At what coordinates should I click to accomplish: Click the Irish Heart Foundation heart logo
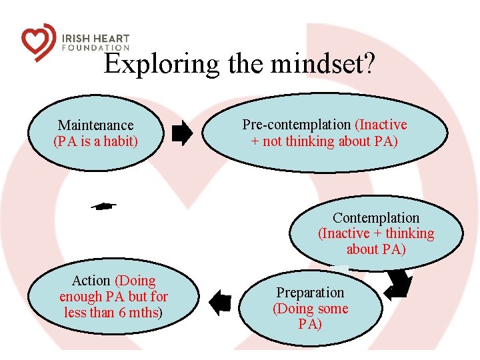[37, 41]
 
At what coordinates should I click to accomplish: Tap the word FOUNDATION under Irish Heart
[96, 48]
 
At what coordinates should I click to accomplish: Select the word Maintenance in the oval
[95, 125]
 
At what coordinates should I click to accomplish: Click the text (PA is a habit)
[95, 141]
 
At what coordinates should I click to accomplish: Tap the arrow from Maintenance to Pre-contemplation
[182, 134]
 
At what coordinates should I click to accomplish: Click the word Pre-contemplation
[296, 125]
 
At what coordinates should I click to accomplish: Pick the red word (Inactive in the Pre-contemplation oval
[381, 125]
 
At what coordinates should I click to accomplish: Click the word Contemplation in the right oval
[376, 218]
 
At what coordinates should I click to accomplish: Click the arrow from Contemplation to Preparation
[399, 284]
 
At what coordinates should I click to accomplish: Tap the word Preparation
[310, 293]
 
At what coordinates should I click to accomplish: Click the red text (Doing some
[310, 309]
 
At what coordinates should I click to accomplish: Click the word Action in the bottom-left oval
[91, 281]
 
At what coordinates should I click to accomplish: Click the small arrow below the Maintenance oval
[103, 207]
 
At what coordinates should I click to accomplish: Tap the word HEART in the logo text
[111, 39]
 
